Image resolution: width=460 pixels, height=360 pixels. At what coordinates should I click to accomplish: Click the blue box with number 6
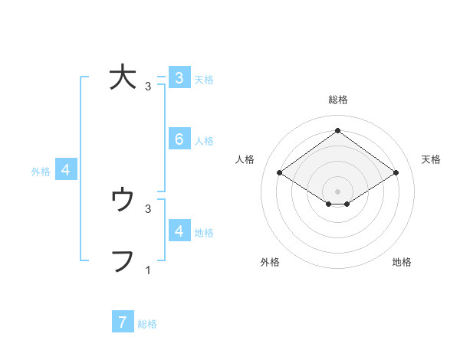(x=179, y=139)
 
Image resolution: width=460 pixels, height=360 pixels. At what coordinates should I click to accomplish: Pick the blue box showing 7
(x=123, y=322)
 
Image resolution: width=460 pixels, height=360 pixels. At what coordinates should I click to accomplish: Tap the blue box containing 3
(x=179, y=77)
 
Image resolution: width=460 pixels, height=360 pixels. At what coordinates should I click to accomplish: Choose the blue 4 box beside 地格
(x=179, y=231)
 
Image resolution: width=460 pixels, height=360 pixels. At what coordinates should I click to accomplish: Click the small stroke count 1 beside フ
(x=148, y=270)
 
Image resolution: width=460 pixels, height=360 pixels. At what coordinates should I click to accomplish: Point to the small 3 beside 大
(x=148, y=87)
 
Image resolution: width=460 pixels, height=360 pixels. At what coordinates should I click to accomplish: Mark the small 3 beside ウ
(x=148, y=208)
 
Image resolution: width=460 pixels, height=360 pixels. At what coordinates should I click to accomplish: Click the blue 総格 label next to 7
(x=147, y=324)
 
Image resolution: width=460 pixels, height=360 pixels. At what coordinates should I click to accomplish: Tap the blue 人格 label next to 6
(x=204, y=141)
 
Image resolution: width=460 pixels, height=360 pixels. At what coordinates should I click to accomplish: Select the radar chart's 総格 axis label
(x=337, y=100)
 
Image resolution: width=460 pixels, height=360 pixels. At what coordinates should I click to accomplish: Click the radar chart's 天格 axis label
(x=431, y=159)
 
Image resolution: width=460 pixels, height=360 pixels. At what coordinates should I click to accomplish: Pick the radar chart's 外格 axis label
(x=270, y=262)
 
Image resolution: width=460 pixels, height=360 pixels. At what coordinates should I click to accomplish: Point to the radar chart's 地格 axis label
(x=402, y=262)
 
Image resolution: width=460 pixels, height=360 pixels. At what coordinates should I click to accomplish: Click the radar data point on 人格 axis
(x=280, y=173)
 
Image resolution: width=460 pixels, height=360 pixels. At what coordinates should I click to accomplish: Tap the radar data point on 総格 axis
(x=337, y=131)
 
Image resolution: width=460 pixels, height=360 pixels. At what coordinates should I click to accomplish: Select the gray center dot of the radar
(x=337, y=191)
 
